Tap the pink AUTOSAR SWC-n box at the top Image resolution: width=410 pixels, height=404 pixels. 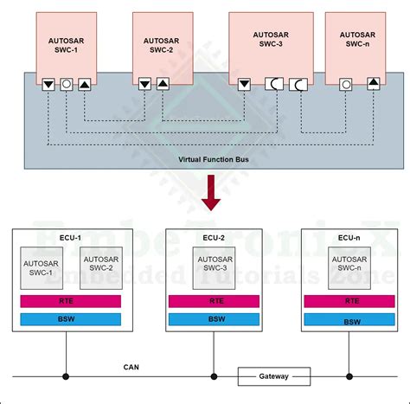click(359, 42)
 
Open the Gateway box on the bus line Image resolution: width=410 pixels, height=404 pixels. click(273, 376)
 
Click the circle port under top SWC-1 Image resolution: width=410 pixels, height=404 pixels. click(65, 84)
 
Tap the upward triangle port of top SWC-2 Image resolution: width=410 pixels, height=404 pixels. click(163, 84)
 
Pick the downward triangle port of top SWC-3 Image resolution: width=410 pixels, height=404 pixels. click(244, 84)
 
